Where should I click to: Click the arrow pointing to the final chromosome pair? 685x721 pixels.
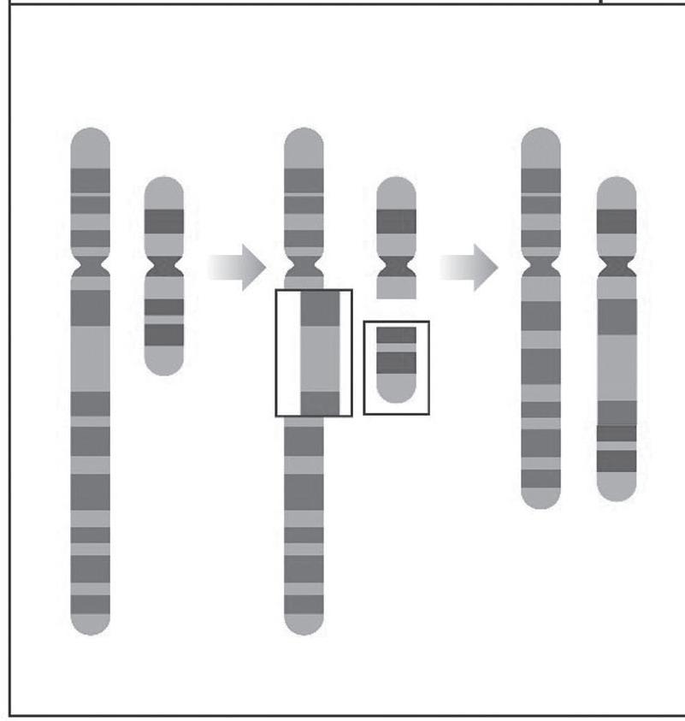point(469,267)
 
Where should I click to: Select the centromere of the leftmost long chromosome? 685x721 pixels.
point(91,267)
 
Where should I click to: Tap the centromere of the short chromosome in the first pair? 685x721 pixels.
point(163,268)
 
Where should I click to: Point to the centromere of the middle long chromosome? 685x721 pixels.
point(304,268)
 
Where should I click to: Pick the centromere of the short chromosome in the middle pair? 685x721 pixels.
point(396,268)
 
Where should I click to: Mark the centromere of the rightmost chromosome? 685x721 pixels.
point(617,268)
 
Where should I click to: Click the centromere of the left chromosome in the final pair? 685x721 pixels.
point(541,268)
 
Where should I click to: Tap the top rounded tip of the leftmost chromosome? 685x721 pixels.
point(91,137)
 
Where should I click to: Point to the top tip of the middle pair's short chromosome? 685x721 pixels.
point(396,185)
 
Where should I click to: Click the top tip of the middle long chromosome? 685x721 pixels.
point(304,137)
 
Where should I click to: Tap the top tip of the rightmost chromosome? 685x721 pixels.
point(617,185)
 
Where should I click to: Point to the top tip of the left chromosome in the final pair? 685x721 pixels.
point(541,137)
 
